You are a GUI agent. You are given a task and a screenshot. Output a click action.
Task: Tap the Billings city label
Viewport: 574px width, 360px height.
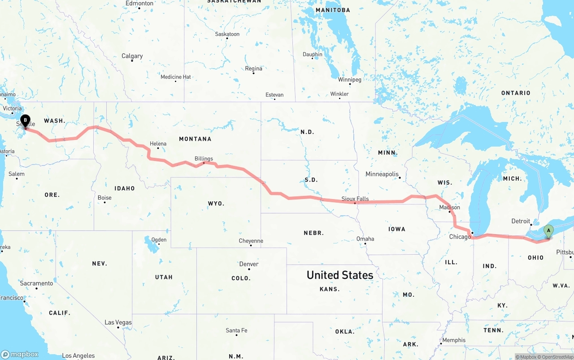[204, 159]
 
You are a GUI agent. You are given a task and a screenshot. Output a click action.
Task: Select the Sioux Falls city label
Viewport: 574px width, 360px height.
[355, 199]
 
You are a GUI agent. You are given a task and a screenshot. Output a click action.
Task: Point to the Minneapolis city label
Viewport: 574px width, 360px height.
[382, 174]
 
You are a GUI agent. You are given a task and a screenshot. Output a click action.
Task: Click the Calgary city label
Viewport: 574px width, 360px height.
[132, 56]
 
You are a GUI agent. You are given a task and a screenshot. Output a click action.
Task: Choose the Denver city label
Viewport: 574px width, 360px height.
[248, 264]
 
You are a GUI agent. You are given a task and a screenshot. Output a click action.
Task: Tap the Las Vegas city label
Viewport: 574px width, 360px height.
[118, 322]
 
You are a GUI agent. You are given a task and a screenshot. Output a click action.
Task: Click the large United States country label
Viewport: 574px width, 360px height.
[339, 275]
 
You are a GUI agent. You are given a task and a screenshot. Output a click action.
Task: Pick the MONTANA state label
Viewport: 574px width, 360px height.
[195, 139]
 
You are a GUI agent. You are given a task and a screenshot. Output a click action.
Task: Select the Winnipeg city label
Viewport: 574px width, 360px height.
[349, 80]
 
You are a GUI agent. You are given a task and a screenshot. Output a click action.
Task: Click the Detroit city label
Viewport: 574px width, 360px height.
[521, 221]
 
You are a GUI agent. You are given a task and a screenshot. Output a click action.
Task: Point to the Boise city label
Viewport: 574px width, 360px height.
[104, 198]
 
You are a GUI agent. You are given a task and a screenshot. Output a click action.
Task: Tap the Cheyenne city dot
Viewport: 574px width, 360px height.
[251, 246]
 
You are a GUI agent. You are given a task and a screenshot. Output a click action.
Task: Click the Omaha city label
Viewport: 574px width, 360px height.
[365, 239]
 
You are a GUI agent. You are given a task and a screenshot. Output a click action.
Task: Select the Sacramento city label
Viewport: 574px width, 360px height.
[36, 283]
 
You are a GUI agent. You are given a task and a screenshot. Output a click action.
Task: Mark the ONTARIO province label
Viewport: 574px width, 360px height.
[516, 93]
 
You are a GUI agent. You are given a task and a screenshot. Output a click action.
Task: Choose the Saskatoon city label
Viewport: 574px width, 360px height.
[227, 34]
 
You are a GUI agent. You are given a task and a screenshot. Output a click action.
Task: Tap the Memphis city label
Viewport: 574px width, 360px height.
[454, 340]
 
